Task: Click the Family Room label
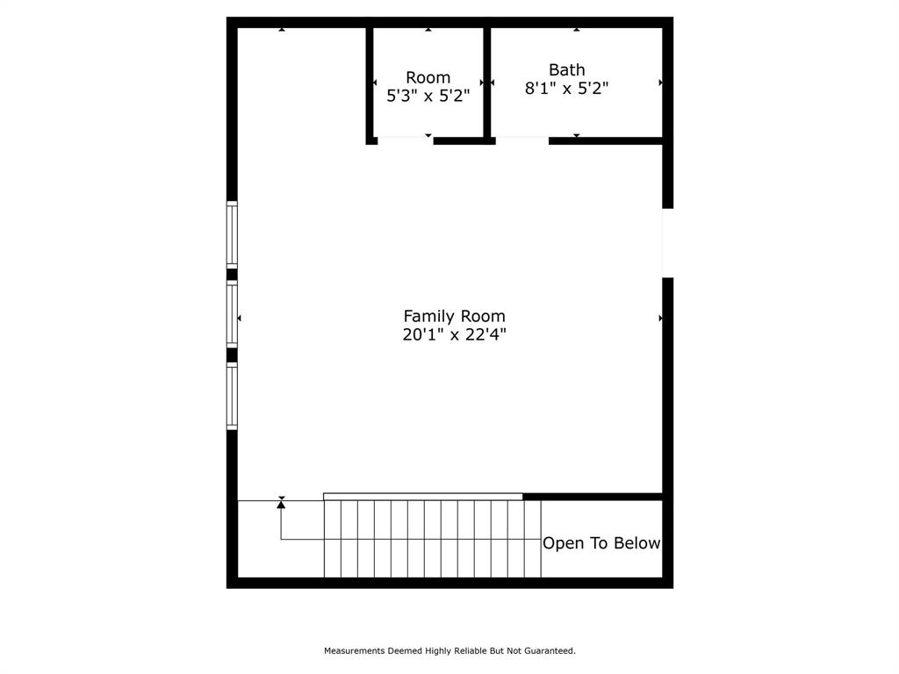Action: (454, 316)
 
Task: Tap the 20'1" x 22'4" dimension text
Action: (454, 334)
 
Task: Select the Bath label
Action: (566, 69)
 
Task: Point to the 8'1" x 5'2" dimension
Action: (566, 88)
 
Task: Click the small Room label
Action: (428, 78)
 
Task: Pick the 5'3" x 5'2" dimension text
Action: (428, 96)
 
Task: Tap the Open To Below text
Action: (601, 543)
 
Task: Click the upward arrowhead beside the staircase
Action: (281, 504)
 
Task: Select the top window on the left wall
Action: (232, 233)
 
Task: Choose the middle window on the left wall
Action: (232, 313)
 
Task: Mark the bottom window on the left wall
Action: (232, 397)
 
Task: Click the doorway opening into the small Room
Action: (405, 140)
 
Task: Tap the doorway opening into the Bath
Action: (521, 140)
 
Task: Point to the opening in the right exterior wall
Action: (667, 243)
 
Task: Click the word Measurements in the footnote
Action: (354, 651)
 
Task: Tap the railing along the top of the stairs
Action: (423, 497)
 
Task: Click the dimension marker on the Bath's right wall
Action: (660, 82)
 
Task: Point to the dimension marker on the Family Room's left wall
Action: (239, 318)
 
